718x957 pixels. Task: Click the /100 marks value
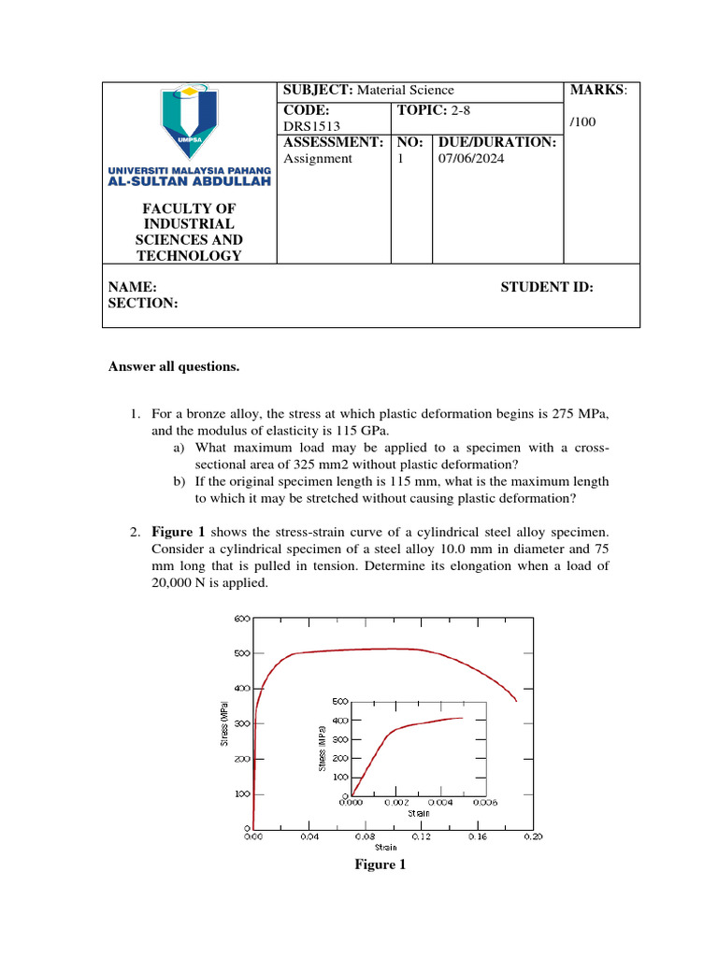point(583,121)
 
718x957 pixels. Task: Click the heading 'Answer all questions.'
point(175,367)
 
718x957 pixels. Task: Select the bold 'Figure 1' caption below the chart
point(380,864)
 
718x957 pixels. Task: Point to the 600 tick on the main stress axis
point(240,618)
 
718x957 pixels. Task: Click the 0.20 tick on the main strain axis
point(533,837)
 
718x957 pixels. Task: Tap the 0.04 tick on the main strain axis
point(309,837)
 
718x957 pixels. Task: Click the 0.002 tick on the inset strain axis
point(395,802)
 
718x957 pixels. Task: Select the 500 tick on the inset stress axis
point(340,701)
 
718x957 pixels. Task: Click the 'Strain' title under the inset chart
point(418,813)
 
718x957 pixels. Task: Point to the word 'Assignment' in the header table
point(318,159)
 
